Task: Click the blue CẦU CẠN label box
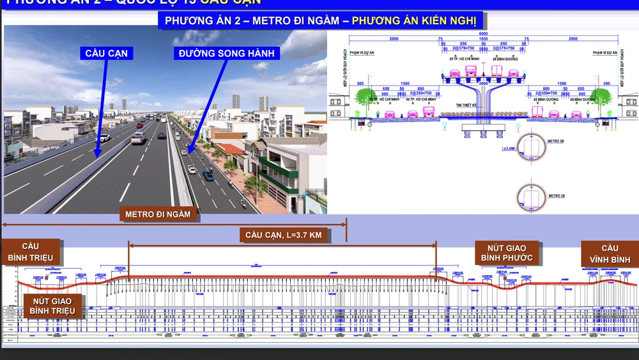tap(107, 53)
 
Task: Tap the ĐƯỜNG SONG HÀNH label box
tap(227, 53)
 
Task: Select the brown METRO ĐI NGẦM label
tap(158, 214)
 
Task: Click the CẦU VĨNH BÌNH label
tap(610, 254)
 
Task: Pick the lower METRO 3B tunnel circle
tap(530, 194)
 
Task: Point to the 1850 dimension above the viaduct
tap(484, 39)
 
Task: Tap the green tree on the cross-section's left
tap(366, 98)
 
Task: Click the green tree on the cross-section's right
tap(601, 97)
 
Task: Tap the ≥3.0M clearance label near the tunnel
tap(509, 149)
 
